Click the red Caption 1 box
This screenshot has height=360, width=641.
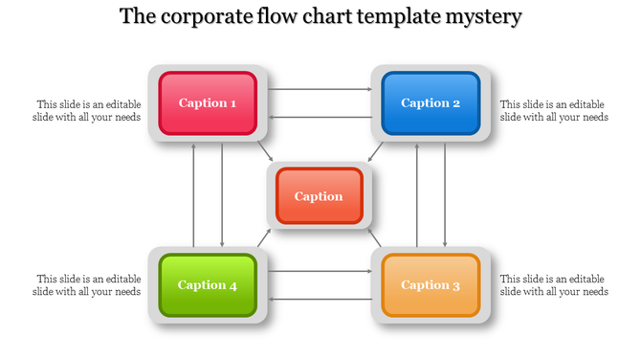(208, 102)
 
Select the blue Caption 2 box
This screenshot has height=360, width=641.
(431, 102)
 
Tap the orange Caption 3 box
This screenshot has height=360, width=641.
(431, 284)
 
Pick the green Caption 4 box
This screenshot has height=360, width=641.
(208, 284)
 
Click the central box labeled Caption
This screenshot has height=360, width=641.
(319, 196)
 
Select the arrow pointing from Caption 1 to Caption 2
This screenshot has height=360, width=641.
(320, 90)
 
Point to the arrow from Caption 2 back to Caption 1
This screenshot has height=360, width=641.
(320, 117)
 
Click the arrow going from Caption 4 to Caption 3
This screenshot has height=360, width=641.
(320, 272)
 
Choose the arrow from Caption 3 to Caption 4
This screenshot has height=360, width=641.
(320, 299)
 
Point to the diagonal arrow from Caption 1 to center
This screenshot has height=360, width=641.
(265, 150)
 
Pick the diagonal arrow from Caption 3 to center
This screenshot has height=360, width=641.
(376, 238)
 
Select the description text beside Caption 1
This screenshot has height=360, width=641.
(88, 110)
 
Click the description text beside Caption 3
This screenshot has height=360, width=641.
(554, 284)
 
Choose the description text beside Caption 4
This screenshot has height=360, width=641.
(88, 284)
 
